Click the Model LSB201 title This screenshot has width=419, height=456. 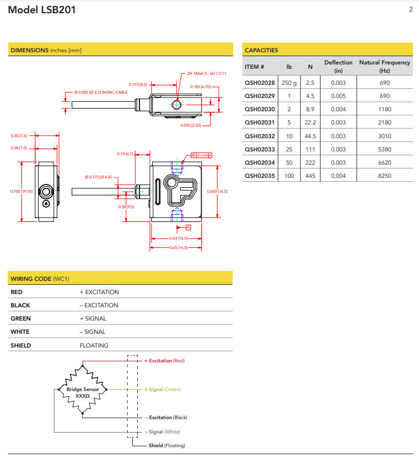42,10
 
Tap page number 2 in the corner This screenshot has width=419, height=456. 411,9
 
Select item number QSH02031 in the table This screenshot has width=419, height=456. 259,123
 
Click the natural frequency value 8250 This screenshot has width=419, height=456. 384,176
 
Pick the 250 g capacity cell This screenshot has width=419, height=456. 289,83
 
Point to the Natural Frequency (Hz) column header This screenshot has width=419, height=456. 384,67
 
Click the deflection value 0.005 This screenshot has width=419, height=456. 338,96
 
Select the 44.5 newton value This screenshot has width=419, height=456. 310,136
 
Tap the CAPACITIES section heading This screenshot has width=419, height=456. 261,50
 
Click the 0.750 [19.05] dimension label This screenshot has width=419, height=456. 22,191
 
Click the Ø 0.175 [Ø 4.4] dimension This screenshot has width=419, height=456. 98,177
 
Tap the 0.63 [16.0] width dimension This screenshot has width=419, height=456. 178,238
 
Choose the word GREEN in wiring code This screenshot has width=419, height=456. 20,318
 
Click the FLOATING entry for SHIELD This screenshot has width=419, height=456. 94,345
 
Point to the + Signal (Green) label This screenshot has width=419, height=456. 164,389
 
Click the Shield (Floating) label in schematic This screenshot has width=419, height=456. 166,446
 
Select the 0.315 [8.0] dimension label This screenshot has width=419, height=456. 138,84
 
